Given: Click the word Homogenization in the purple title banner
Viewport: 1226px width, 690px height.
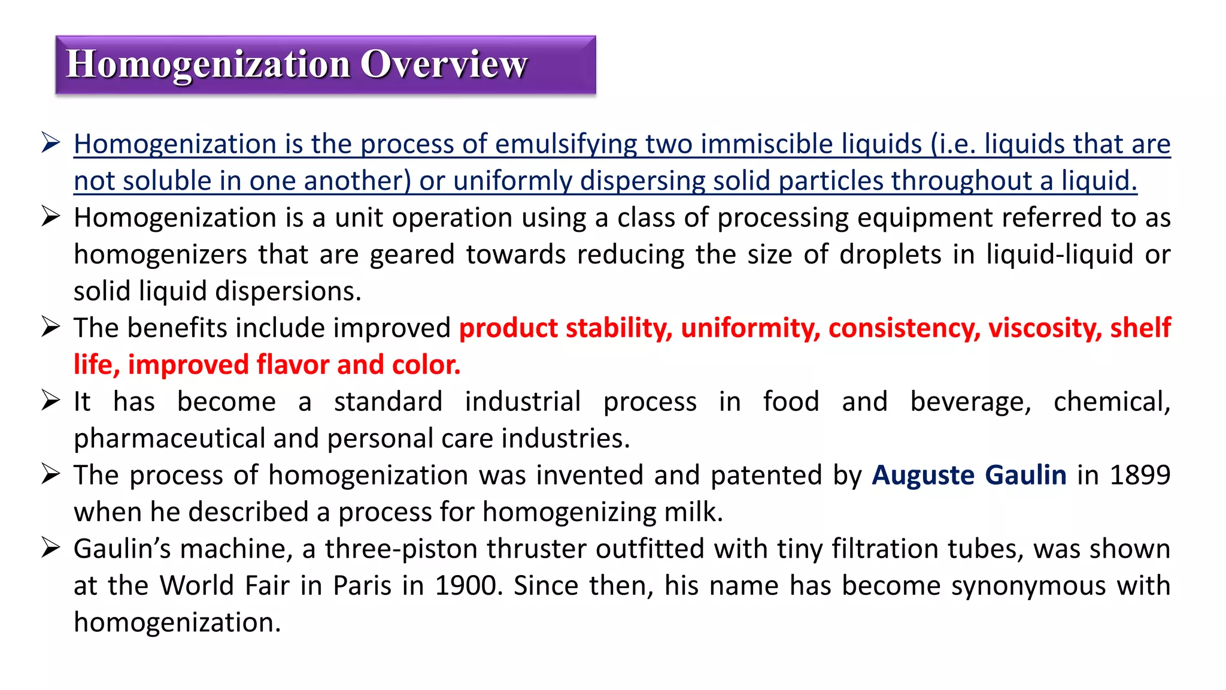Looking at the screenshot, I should (208, 64).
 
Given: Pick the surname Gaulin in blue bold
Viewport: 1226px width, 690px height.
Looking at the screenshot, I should (1025, 475).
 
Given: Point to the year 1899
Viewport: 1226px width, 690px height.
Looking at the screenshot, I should (1140, 475).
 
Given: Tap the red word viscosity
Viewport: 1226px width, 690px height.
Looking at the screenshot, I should (1045, 328).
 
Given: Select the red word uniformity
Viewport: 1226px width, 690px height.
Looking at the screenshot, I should (750, 328).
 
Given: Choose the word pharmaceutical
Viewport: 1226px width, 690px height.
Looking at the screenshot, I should (169, 438).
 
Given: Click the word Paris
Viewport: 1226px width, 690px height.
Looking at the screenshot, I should (362, 586).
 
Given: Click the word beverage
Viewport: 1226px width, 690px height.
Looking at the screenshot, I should (970, 402).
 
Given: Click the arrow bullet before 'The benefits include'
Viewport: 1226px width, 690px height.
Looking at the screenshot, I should (51, 327).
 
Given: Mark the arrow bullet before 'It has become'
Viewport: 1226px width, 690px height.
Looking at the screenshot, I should (51, 401).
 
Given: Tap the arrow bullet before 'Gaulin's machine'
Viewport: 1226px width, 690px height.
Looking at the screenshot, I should (51, 548).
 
